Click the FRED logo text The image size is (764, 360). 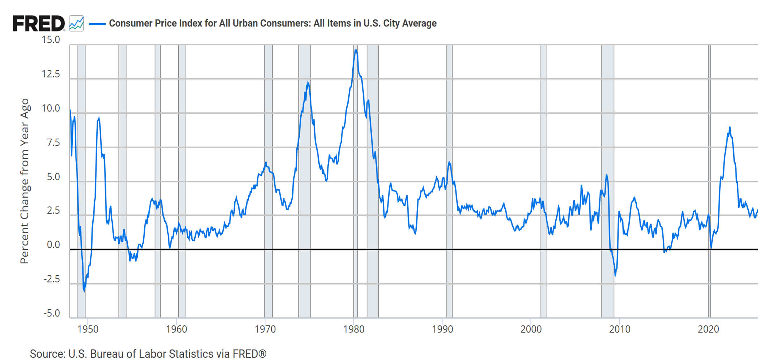[38, 24]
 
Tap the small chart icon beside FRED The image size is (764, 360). [76, 24]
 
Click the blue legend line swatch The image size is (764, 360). [97, 24]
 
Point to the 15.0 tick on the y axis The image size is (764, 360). [51, 40]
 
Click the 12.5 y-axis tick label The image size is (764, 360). [51, 74]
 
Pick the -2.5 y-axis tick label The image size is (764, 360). [52, 279]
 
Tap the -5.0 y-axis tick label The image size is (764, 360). [52, 313]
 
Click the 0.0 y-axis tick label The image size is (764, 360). [53, 245]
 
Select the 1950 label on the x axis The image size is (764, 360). [88, 329]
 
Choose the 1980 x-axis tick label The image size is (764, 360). [354, 329]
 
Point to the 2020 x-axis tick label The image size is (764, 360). [708, 329]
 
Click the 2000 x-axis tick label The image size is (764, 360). [531, 329]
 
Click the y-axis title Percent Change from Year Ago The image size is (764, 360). [25, 181]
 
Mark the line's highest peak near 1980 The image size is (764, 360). [356, 50]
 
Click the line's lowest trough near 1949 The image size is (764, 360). [85, 291]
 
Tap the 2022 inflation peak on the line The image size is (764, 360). [730, 127]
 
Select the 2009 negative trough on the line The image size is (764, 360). [615, 276]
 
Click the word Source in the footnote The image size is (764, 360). [46, 353]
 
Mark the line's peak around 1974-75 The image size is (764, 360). [307, 83]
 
